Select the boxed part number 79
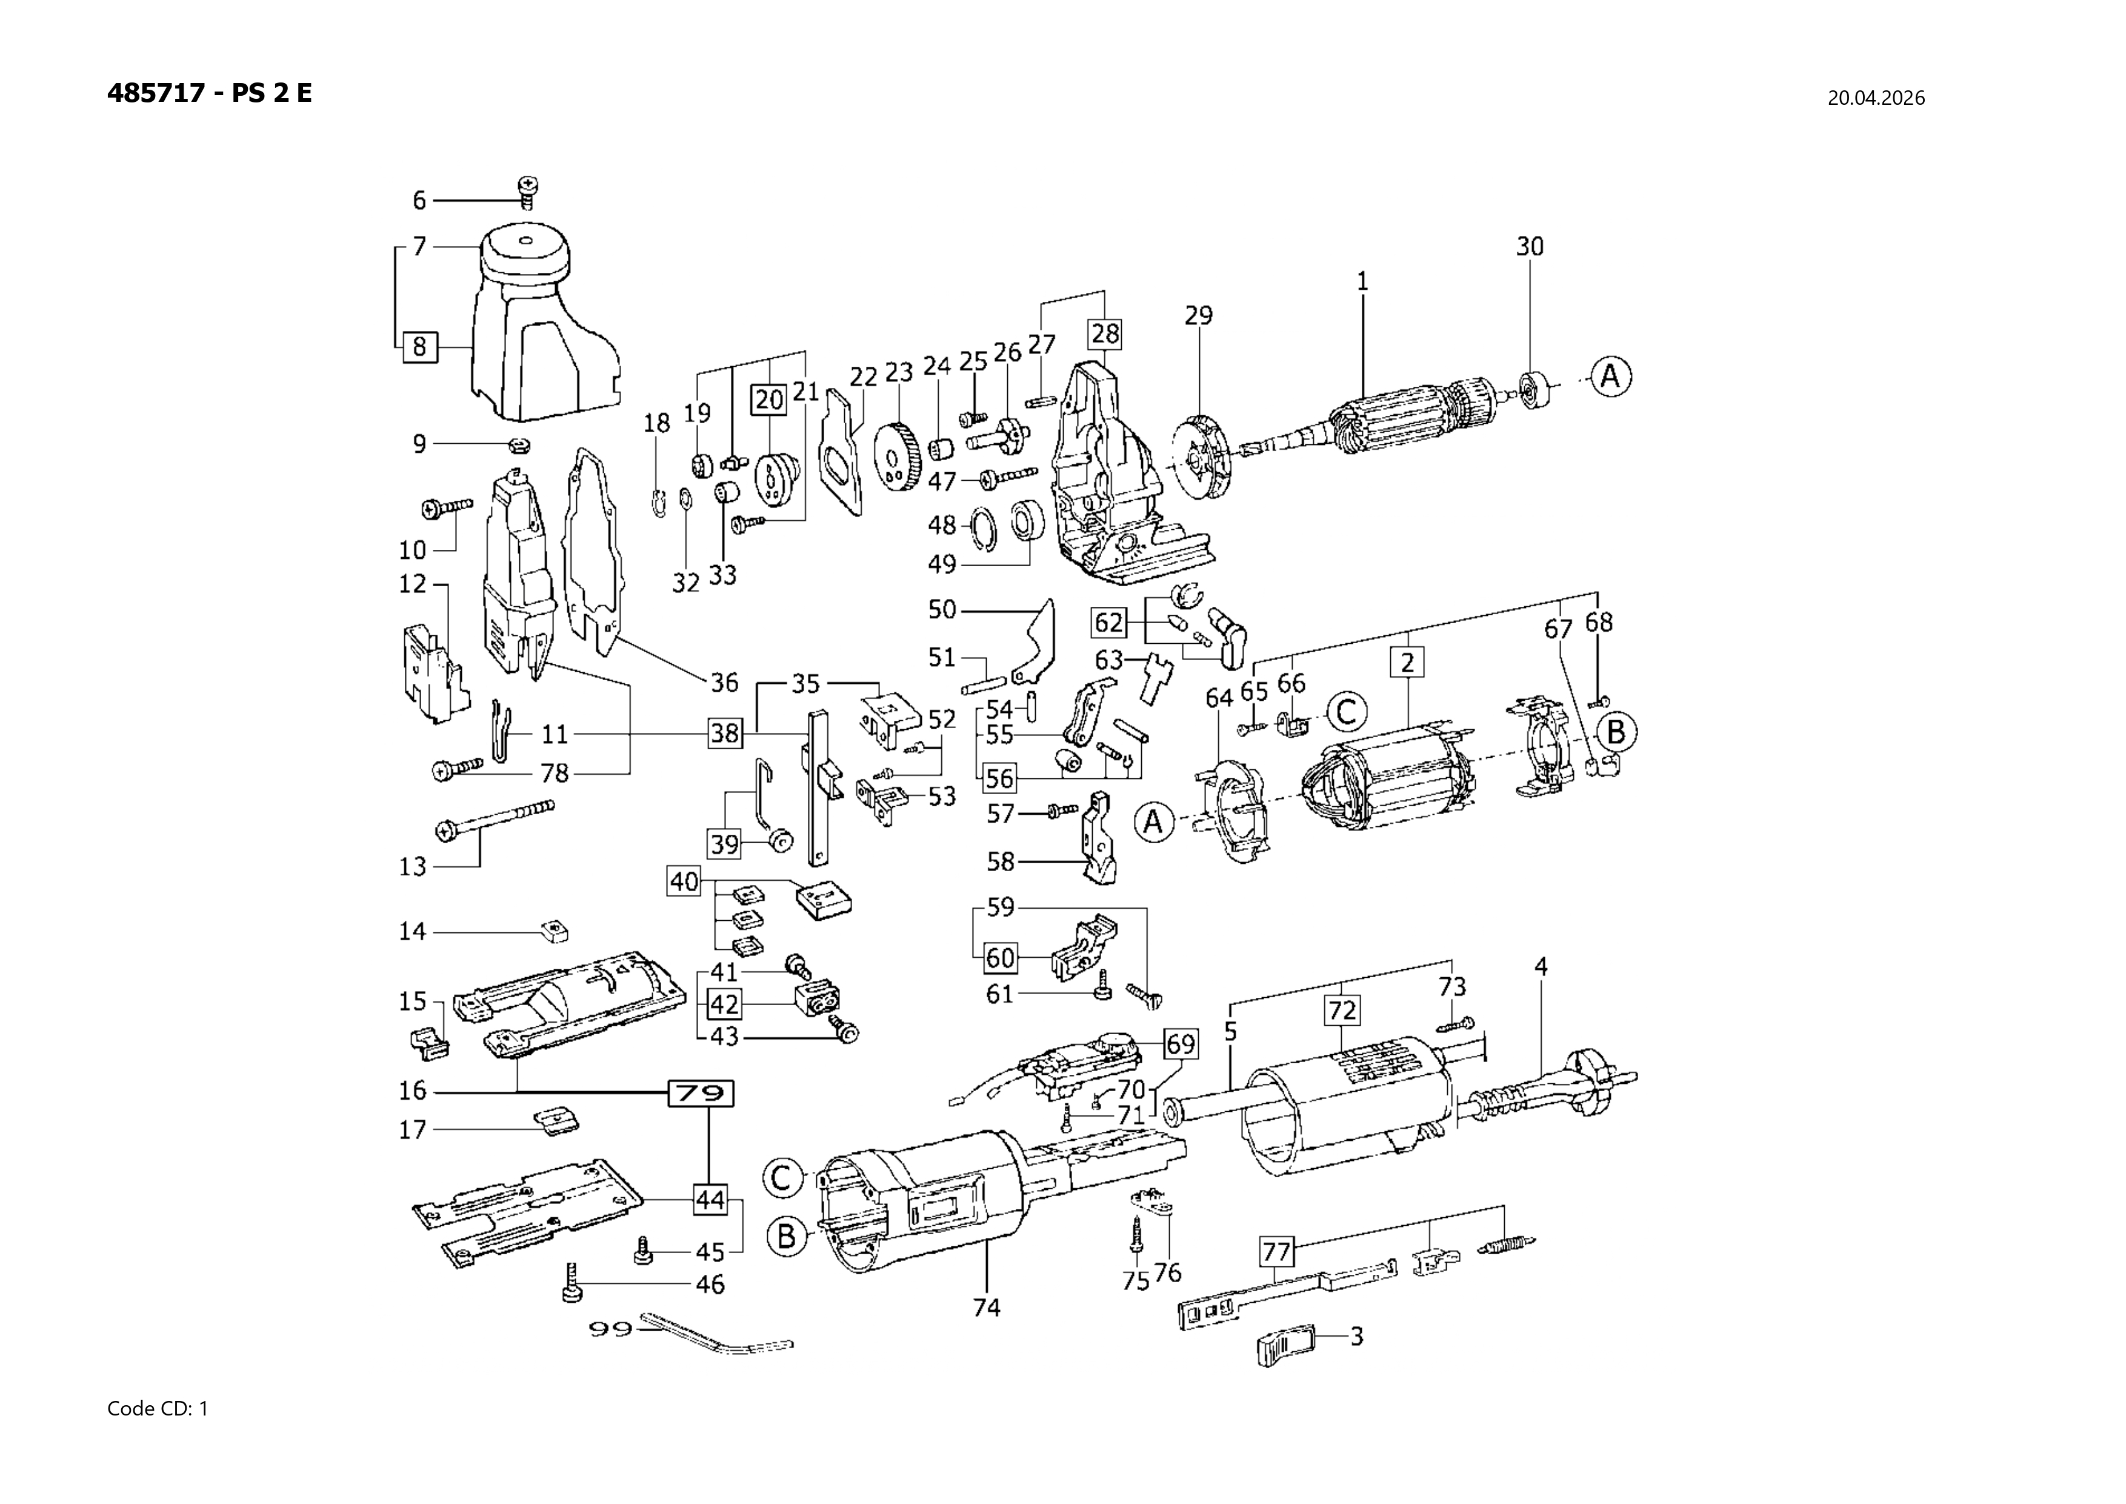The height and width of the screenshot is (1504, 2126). point(701,1094)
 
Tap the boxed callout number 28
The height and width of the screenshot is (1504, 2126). point(1105,333)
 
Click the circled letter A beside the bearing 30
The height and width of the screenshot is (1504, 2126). point(1611,377)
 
